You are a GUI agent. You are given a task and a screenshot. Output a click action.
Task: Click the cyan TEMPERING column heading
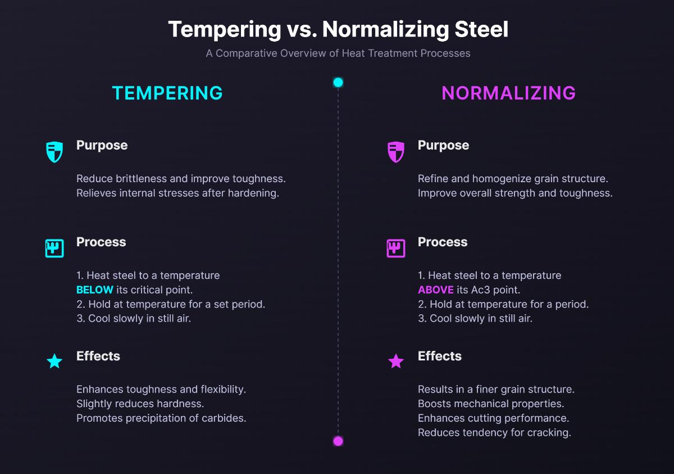click(167, 93)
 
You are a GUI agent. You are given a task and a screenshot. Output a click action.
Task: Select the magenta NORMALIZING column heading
click(508, 93)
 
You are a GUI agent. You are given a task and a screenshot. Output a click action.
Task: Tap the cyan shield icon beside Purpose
click(54, 152)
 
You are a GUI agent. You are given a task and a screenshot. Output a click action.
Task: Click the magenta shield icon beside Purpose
click(396, 152)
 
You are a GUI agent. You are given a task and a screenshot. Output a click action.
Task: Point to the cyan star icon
click(54, 361)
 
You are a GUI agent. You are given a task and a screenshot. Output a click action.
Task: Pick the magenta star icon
click(396, 361)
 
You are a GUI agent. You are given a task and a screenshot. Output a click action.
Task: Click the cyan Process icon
click(54, 248)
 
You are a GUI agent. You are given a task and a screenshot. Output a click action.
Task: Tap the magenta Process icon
click(396, 248)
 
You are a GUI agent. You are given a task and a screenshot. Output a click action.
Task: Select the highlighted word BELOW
click(95, 290)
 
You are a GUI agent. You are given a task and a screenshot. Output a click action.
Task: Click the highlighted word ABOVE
click(436, 290)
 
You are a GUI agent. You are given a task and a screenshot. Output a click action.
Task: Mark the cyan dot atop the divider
click(338, 83)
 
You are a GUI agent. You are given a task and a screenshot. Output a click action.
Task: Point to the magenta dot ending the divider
click(338, 441)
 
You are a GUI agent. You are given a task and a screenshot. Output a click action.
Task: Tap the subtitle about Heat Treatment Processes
click(338, 53)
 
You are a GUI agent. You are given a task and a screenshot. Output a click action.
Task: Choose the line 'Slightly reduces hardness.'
click(140, 404)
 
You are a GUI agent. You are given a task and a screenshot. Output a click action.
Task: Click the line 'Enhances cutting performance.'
click(493, 418)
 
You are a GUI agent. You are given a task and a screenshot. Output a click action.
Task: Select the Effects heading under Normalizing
click(440, 356)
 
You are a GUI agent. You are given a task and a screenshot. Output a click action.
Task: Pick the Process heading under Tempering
click(101, 242)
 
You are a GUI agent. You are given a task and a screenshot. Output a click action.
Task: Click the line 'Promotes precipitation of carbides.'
click(161, 418)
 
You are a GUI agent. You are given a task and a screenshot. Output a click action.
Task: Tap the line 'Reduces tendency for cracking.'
click(494, 433)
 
